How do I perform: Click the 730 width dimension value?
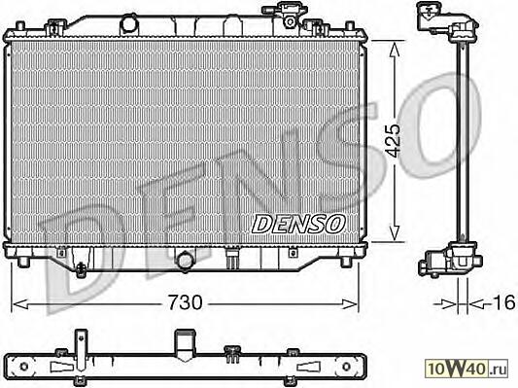click(185, 302)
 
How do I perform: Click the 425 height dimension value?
click(394, 140)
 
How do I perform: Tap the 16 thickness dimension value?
click(503, 302)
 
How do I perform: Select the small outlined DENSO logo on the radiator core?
click(298, 224)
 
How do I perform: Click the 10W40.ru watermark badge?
click(466, 368)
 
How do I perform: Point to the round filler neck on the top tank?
click(129, 23)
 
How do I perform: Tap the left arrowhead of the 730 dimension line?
click(19, 304)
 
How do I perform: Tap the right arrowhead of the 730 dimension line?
click(350, 304)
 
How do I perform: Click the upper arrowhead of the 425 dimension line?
click(395, 49)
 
